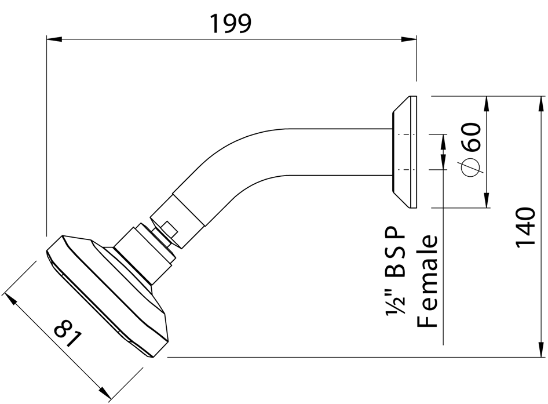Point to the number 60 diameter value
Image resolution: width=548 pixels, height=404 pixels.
tap(472, 137)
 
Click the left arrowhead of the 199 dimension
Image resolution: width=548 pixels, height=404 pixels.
tap(53, 39)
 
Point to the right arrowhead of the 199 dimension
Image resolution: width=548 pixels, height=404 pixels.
tap(410, 39)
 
